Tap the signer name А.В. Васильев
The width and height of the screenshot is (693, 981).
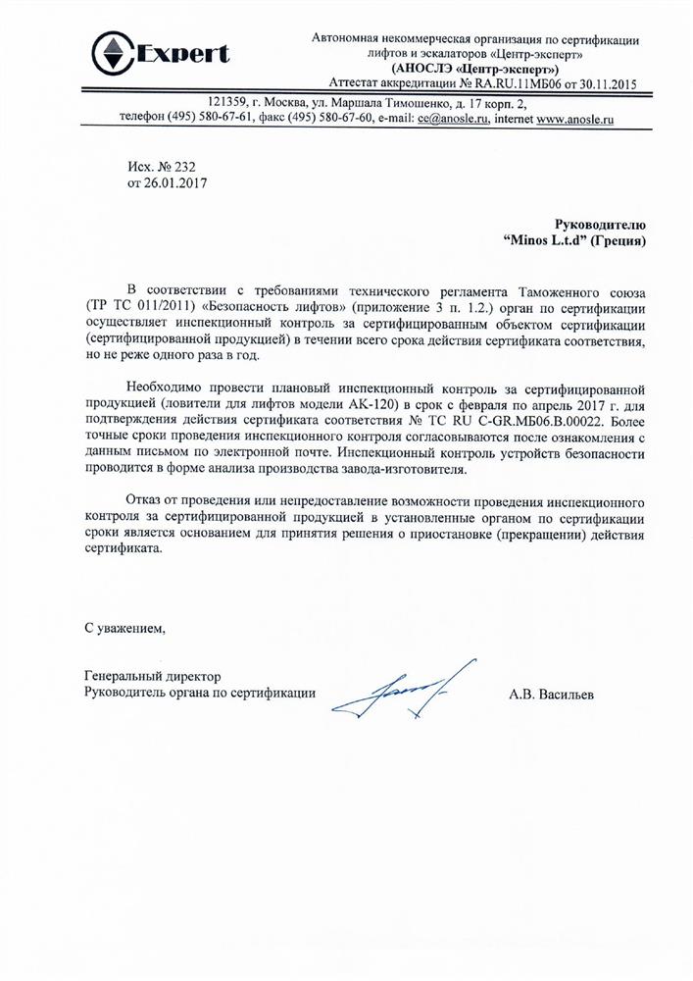(557, 694)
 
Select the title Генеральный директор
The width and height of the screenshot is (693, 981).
(153, 677)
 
